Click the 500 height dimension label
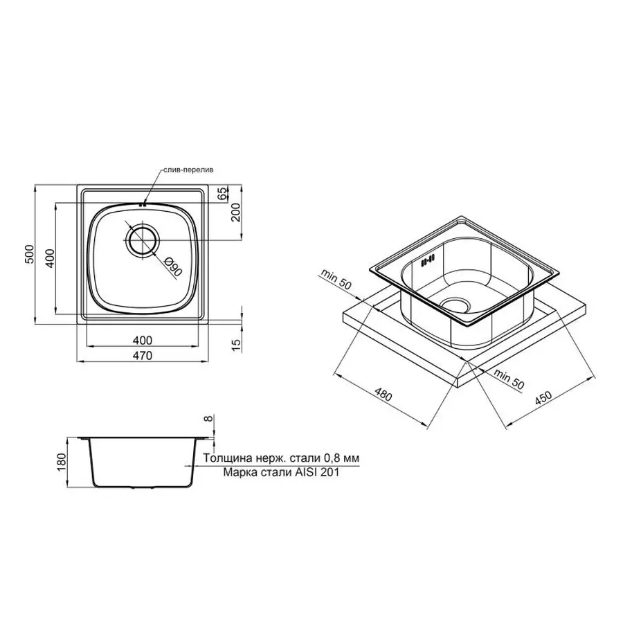[x=28, y=255]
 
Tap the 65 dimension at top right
[x=222, y=194]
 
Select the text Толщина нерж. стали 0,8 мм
[x=281, y=458]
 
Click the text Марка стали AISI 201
[x=281, y=473]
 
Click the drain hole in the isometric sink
[x=455, y=305]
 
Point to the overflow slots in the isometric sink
[x=428, y=261]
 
